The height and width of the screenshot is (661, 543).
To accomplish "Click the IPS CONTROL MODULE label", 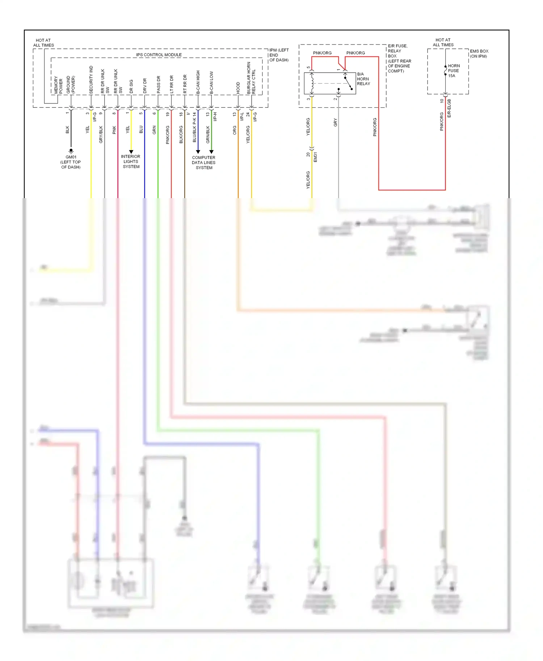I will click(x=159, y=55).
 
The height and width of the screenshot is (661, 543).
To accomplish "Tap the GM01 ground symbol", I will click(x=71, y=150).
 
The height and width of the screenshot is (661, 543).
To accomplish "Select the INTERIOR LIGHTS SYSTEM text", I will click(x=131, y=162).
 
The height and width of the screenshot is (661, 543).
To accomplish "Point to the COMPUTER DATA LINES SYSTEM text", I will click(x=204, y=163).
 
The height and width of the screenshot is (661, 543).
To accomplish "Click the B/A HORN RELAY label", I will click(x=363, y=79).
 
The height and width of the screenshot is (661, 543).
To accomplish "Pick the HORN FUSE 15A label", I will click(x=454, y=71).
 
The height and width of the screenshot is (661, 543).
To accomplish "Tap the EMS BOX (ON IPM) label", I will click(x=479, y=54).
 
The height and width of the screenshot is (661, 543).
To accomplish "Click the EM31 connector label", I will click(x=315, y=157).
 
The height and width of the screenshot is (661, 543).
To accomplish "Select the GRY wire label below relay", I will click(x=336, y=122).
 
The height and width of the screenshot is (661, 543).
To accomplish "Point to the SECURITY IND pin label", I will click(x=91, y=80).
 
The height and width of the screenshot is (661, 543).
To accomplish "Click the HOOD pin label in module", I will click(x=238, y=88).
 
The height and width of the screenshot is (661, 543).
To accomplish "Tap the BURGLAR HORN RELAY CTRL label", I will click(x=251, y=78).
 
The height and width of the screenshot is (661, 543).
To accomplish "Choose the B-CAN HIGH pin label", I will click(x=198, y=82).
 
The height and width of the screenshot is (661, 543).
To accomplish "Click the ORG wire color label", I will click(x=235, y=130).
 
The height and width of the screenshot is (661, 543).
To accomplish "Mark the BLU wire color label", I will click(x=141, y=129).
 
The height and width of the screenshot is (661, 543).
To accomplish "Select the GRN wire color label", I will click(x=155, y=130).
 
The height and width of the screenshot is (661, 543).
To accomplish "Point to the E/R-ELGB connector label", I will click(x=449, y=108).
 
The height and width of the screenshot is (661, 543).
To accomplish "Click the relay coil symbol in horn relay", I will click(x=312, y=84).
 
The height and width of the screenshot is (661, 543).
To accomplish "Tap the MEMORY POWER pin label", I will click(x=58, y=85).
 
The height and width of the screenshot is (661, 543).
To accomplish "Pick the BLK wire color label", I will click(x=67, y=129).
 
